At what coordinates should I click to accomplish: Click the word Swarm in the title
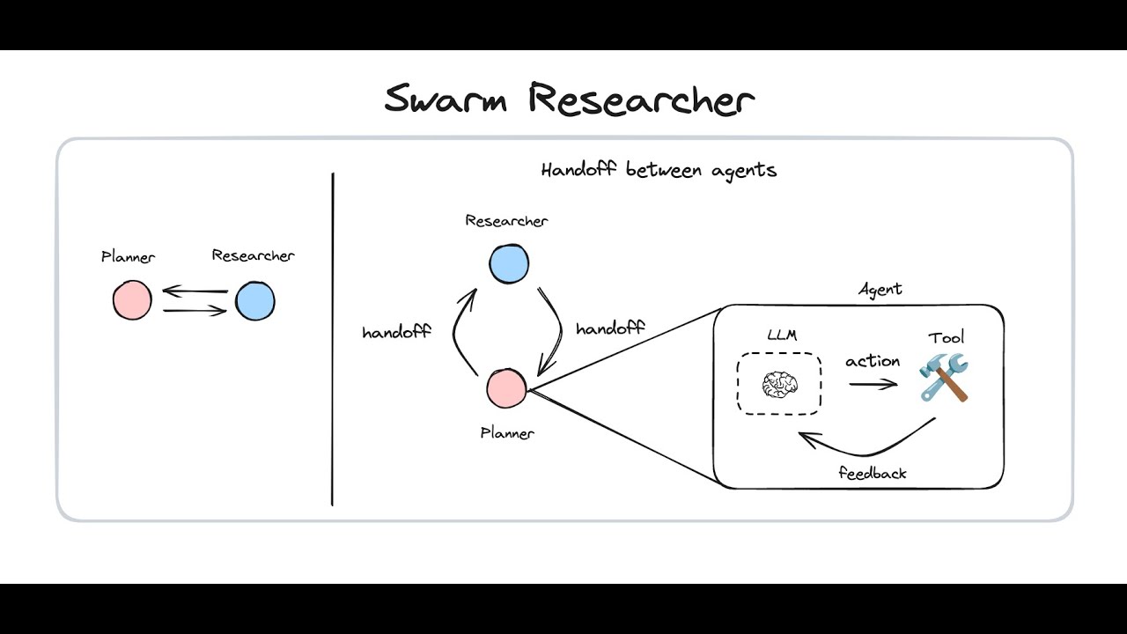point(446,99)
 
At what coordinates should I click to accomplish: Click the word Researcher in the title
point(641,99)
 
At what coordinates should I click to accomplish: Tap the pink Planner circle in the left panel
point(132,300)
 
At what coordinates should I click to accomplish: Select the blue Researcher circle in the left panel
point(255,301)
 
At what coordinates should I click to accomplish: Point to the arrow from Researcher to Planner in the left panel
point(195,291)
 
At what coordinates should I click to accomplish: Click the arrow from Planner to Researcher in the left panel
point(195,311)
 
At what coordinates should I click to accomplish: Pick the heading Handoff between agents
point(659,170)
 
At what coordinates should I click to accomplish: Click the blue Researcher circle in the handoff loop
point(509,264)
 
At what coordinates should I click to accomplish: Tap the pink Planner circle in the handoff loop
point(506,389)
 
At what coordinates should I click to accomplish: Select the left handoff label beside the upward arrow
point(396,333)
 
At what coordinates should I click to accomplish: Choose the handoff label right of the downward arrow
point(609,328)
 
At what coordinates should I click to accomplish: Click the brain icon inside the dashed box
point(779,384)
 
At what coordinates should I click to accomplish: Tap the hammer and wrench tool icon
point(943,377)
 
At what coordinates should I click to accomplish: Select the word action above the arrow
point(873,361)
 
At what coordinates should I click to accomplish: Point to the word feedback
point(872,473)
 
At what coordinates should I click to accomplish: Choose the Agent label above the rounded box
point(880,289)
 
